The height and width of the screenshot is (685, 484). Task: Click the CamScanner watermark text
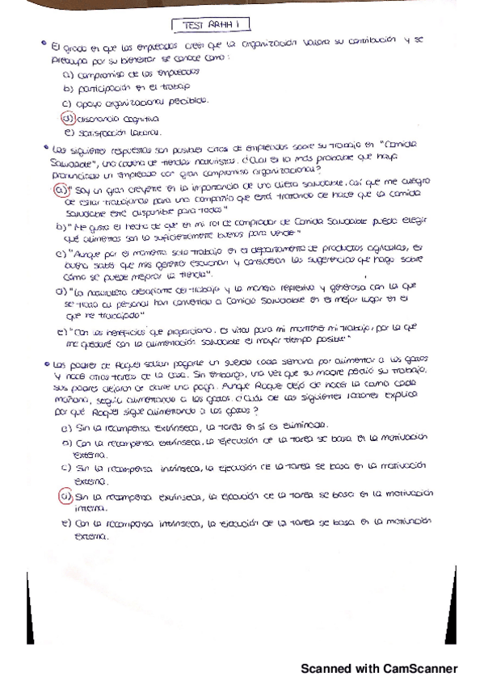click(379, 668)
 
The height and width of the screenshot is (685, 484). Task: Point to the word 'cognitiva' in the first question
click(119, 117)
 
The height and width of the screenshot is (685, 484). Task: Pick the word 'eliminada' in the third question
click(306, 424)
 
